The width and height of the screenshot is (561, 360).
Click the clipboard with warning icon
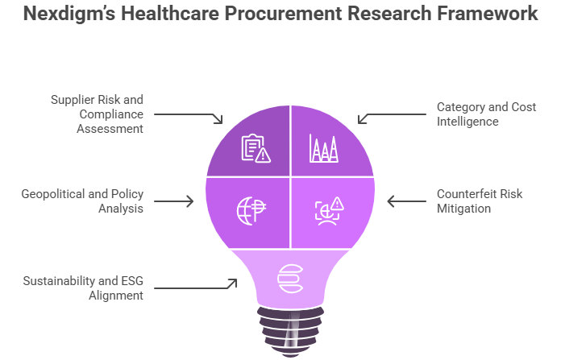pyautogui.click(x=256, y=148)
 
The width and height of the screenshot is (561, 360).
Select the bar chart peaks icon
pyautogui.click(x=324, y=148)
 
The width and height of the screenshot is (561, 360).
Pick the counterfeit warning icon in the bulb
pyautogui.click(x=329, y=210)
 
